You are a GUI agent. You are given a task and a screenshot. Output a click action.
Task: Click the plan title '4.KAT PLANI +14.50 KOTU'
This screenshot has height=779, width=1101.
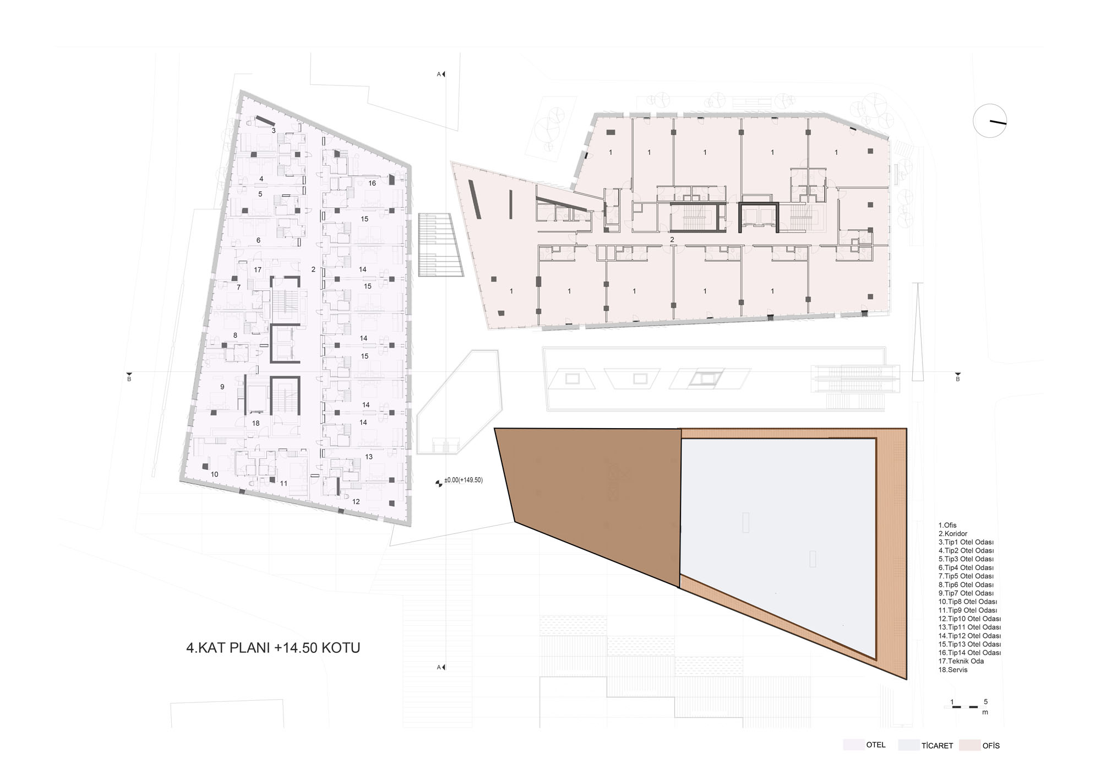pyautogui.click(x=273, y=647)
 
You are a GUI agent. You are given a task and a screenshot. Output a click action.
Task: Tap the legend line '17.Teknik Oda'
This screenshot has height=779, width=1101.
pyautogui.click(x=961, y=661)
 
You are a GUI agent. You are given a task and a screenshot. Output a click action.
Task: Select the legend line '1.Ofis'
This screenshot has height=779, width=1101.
pyautogui.click(x=947, y=526)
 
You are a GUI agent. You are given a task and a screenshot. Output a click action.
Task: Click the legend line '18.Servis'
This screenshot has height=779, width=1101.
pyautogui.click(x=953, y=670)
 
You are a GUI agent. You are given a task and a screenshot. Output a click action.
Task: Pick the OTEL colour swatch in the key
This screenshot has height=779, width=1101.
pyautogui.click(x=853, y=745)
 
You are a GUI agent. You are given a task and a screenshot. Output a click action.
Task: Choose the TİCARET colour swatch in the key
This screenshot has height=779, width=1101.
pyautogui.click(x=908, y=745)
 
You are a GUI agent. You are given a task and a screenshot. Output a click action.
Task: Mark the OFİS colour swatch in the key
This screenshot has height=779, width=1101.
pyautogui.click(x=969, y=745)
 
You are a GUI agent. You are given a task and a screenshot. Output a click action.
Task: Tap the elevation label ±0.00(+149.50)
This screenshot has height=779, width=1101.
pyautogui.click(x=463, y=480)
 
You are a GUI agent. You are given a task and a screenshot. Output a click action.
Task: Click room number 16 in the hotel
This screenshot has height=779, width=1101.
pyautogui.click(x=372, y=183)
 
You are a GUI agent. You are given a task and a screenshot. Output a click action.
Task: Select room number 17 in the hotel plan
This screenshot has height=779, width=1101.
pyautogui.click(x=258, y=270)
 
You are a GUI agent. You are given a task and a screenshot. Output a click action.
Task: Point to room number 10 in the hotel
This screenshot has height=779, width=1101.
pyautogui.click(x=215, y=474)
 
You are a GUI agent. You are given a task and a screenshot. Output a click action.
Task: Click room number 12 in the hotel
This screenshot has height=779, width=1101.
pyautogui.click(x=356, y=502)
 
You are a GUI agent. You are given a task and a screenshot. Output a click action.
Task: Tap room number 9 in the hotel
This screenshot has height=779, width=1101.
pyautogui.click(x=222, y=387)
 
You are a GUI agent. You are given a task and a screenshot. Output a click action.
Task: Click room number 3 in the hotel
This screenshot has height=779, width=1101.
pyautogui.click(x=274, y=131)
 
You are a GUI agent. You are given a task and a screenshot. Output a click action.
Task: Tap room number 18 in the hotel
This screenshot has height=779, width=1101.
pyautogui.click(x=255, y=424)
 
